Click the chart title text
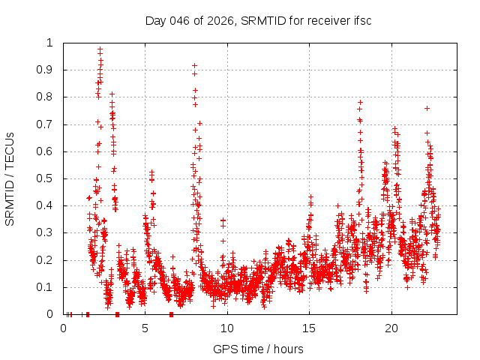[x=258, y=20]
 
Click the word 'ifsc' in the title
[x=361, y=20]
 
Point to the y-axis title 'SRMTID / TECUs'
[x=10, y=178]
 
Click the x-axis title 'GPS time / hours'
[x=258, y=349]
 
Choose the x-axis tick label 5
[x=145, y=328]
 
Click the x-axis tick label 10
[x=227, y=328]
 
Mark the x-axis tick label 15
[x=309, y=328]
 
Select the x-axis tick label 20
[x=391, y=328]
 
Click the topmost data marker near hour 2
[x=100, y=49]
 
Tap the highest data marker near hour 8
[x=194, y=65]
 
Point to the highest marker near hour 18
[x=360, y=102]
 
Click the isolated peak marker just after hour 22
[x=427, y=108]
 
